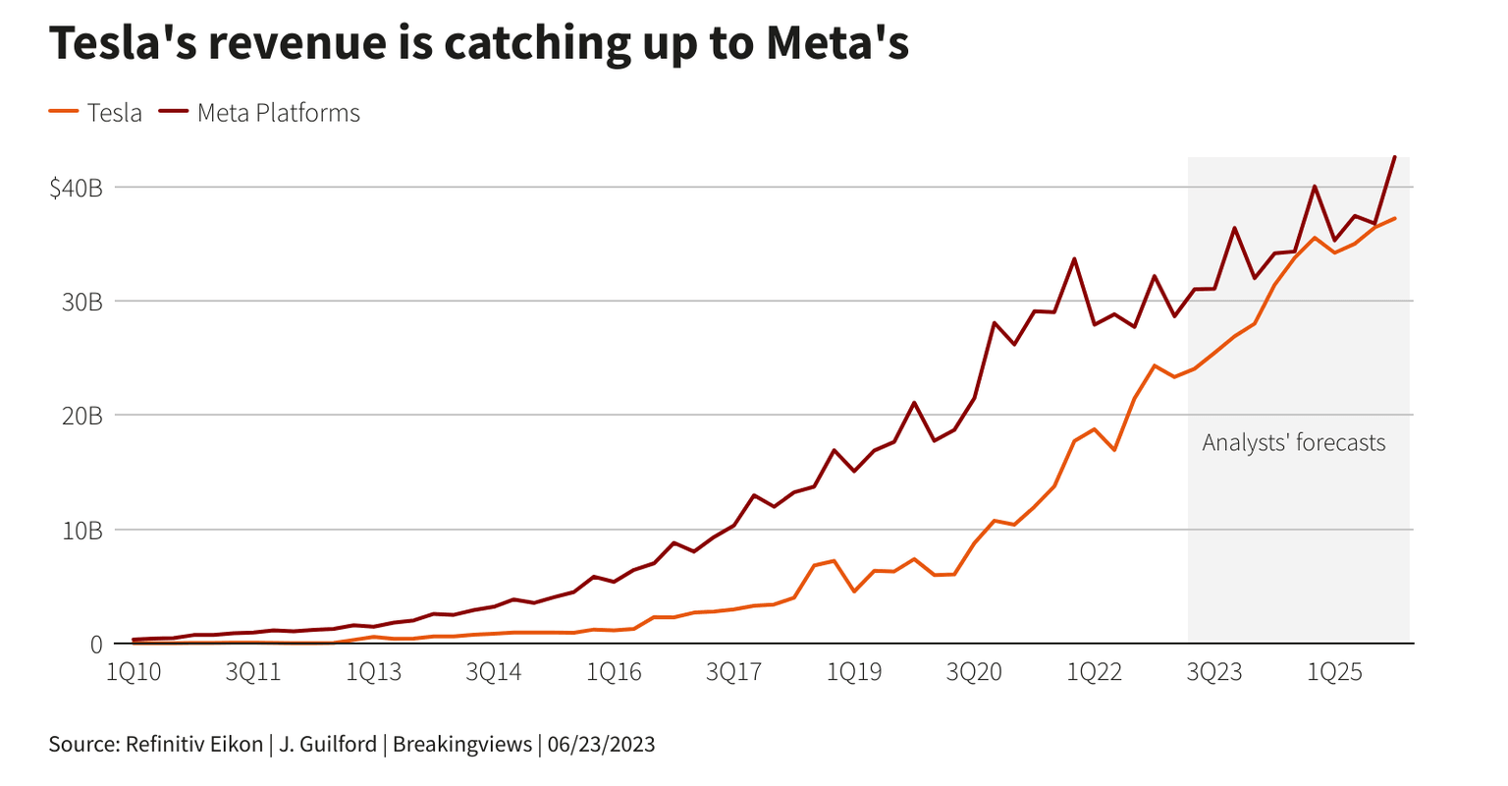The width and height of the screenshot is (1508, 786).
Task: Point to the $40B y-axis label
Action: click(x=76, y=187)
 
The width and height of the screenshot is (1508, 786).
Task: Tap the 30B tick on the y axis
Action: click(x=81, y=302)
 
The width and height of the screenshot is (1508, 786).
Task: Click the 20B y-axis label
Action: click(x=81, y=416)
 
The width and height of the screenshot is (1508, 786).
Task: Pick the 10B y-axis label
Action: click(x=81, y=531)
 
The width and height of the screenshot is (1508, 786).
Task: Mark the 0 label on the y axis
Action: click(x=95, y=645)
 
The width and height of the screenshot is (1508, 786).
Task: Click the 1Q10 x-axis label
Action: click(x=134, y=672)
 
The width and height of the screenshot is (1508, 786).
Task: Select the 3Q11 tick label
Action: click(x=253, y=672)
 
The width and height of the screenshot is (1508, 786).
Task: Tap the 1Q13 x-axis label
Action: click(x=373, y=672)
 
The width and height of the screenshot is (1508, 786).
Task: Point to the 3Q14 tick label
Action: click(x=493, y=672)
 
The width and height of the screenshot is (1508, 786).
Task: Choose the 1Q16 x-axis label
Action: click(x=614, y=672)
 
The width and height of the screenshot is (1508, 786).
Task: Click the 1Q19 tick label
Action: click(x=853, y=672)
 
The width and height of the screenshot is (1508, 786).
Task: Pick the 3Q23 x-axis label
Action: click(x=1214, y=672)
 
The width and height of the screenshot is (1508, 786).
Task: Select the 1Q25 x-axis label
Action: click(x=1334, y=672)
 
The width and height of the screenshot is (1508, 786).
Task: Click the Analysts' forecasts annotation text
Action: click(x=1293, y=443)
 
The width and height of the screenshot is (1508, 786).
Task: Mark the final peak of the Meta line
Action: click(x=1394, y=157)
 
